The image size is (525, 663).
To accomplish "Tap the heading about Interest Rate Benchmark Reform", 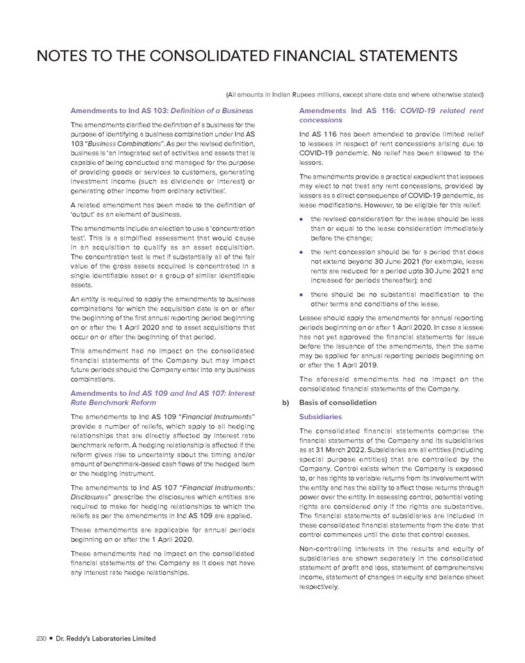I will tap(161, 398).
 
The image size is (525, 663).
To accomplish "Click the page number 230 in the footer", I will tap(25, 638).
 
